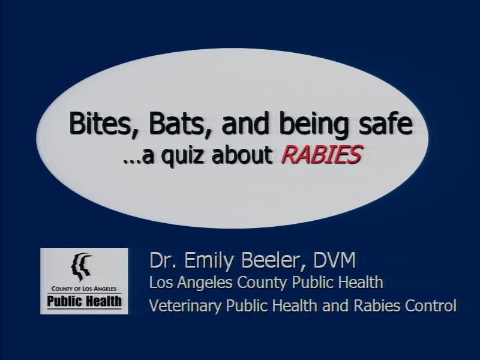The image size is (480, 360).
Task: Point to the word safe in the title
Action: coord(385,123)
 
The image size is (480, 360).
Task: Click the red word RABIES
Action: coord(322,154)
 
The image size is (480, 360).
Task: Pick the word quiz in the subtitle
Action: coord(182,156)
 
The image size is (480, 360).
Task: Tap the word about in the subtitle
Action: coord(242,154)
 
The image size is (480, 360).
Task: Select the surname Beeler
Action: coord(274,261)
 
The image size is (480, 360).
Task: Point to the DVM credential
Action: coord(334,260)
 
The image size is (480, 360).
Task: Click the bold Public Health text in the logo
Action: coord(84,301)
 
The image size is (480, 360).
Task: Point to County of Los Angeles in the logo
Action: coord(84,289)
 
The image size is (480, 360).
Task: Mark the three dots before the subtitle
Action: coord(131,161)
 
